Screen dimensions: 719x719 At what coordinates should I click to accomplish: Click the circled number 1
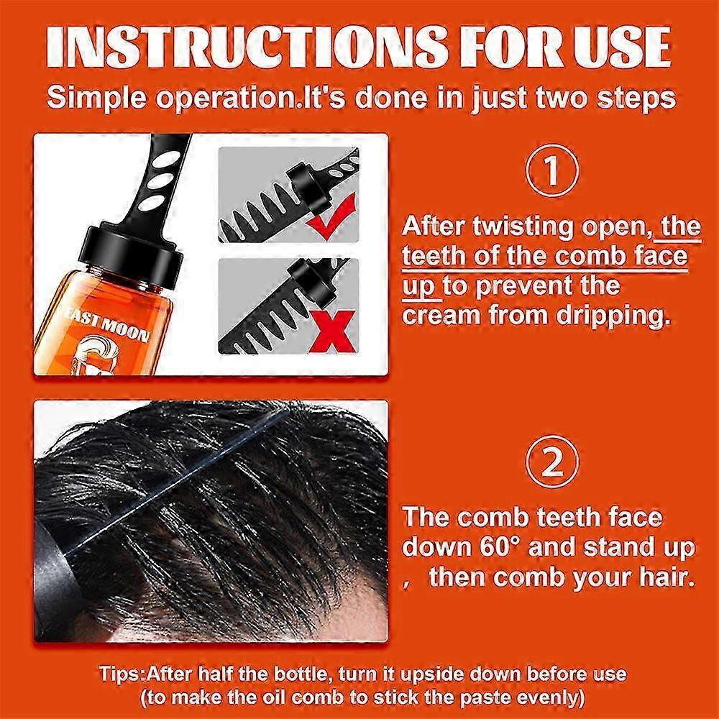(x=551, y=173)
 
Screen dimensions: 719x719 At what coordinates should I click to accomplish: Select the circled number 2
(x=551, y=462)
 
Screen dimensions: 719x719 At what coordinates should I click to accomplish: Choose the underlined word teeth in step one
(x=442, y=257)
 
